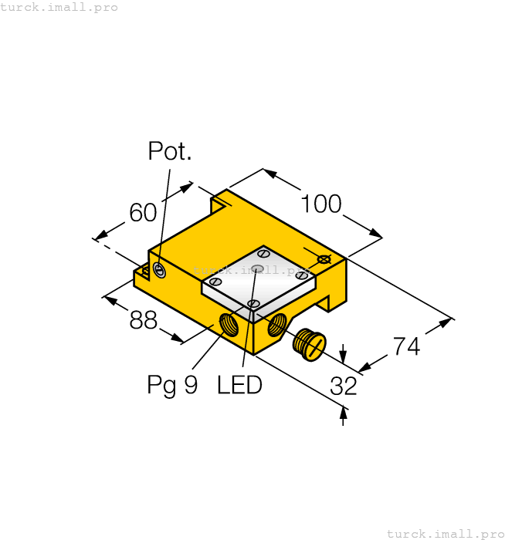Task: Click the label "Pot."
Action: coord(170,151)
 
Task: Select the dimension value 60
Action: coord(143,212)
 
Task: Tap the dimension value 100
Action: coord(321,204)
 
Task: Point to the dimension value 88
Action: coord(143,320)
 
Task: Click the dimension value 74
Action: coord(406,346)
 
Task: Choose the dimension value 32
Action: coord(344,386)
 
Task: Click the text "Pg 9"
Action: coord(172,385)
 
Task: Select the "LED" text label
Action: coord(239,385)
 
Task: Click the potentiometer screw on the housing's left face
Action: coord(159,269)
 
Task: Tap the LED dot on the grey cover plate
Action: coord(258,268)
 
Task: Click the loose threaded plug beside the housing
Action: coord(310,343)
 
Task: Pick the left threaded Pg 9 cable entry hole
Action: coord(230,324)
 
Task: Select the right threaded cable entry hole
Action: coord(276,328)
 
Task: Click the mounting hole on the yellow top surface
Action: coord(324,259)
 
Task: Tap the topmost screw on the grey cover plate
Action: coord(263,252)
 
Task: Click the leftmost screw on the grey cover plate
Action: coord(216,282)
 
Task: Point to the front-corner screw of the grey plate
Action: coord(253,304)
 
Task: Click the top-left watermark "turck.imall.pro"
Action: coord(59,7)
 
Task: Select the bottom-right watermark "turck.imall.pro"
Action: coord(445,533)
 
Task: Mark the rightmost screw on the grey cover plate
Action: coord(302,275)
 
